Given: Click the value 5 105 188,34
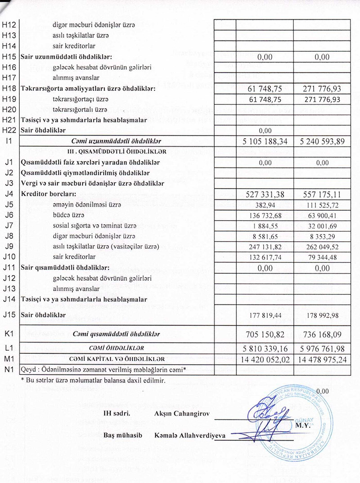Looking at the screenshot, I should click(x=265, y=141).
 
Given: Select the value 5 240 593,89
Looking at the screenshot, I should click(x=322, y=141).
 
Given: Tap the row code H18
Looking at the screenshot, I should click(x=9, y=88).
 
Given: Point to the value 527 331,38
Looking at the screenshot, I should click(x=265, y=194).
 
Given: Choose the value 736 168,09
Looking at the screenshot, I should click(x=322, y=334).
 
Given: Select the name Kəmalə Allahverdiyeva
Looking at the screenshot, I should click(x=190, y=435).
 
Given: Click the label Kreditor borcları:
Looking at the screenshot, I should click(x=48, y=194).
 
